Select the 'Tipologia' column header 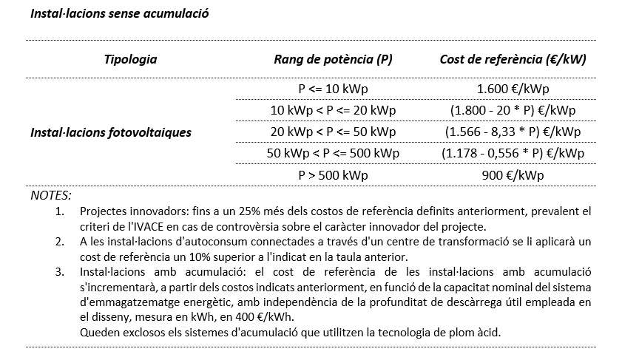click(x=130, y=59)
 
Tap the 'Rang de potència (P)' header click(x=333, y=59)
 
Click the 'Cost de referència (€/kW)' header click(x=513, y=59)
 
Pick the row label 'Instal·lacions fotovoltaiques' click(x=111, y=132)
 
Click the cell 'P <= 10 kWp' click(x=333, y=89)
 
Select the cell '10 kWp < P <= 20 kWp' click(x=333, y=110)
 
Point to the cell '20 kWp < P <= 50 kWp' click(x=333, y=132)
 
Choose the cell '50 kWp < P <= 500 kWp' click(x=333, y=154)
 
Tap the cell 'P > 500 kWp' click(x=333, y=175)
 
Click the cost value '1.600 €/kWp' click(x=513, y=89)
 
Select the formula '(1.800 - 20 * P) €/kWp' click(x=513, y=110)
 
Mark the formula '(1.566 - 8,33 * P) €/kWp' click(x=513, y=132)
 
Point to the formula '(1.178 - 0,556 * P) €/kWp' click(x=513, y=154)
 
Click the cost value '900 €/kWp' click(x=513, y=175)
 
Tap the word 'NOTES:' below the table click(x=51, y=195)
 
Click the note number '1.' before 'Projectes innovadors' click(x=60, y=211)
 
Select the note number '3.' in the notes click(x=60, y=271)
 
